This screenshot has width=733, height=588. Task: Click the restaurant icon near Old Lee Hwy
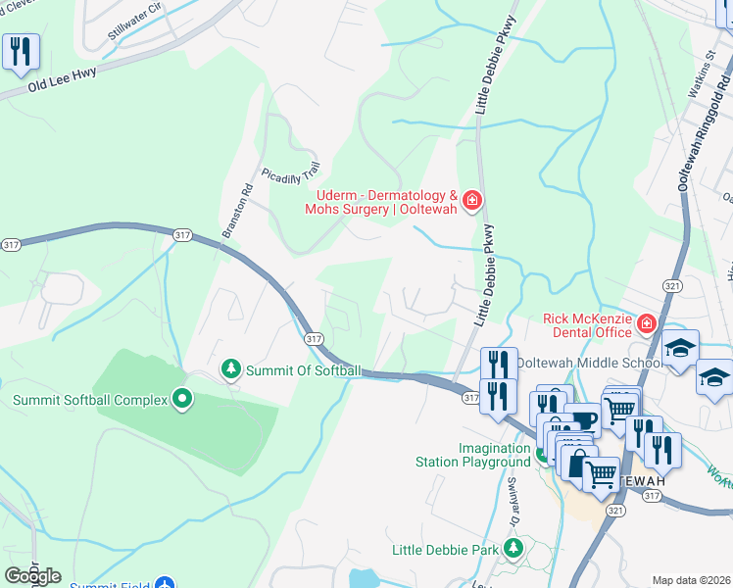tap(21, 51)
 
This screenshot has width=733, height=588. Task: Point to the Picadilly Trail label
tap(291, 172)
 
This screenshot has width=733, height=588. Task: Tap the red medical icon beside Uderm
tap(472, 201)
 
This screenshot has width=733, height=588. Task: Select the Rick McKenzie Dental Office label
tap(587, 325)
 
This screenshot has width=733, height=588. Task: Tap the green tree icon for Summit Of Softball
tap(230, 369)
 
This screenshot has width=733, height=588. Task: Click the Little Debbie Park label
tap(445, 550)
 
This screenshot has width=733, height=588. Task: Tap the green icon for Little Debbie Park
tap(512, 549)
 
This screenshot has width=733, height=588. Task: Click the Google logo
tap(31, 576)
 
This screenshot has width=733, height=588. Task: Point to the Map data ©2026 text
tap(691, 580)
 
